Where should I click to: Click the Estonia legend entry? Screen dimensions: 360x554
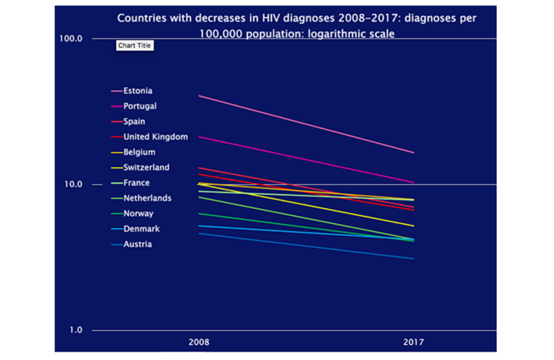pos(138,91)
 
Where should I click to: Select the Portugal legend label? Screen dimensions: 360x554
pos(140,106)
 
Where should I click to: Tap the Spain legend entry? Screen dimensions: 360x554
pos(134,121)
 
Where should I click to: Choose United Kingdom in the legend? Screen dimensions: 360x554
pos(155,137)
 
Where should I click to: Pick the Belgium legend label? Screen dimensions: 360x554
pos(139,152)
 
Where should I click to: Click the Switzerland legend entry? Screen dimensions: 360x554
pos(146,168)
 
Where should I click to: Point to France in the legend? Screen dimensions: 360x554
pos(137,183)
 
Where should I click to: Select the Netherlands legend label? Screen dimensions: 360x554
pos(147,198)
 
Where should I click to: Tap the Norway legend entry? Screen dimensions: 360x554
pos(138,214)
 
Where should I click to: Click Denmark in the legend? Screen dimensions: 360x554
pos(142,229)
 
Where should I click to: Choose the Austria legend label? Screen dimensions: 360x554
pos(138,244)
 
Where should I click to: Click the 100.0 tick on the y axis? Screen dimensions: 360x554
pos(71,38)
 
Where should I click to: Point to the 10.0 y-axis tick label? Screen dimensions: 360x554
pos(73,184)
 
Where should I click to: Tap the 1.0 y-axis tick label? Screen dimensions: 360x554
pos(76,330)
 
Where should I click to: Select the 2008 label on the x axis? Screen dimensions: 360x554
pos(199,342)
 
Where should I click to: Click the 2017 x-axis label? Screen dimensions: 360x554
pos(414,342)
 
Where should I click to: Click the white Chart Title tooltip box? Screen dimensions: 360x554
pos(135,45)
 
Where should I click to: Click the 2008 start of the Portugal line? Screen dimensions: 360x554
pos(199,137)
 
